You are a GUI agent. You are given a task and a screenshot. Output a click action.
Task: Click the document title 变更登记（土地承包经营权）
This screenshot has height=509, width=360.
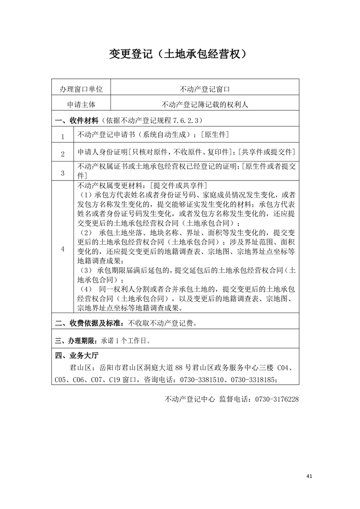coord(180,54)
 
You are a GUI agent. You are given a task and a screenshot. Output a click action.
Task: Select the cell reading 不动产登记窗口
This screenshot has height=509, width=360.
coord(205,88)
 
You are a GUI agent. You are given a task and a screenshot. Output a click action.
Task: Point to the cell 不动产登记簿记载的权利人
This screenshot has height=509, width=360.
coord(205,104)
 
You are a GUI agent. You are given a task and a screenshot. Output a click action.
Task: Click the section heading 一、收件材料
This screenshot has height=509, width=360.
coord(76,120)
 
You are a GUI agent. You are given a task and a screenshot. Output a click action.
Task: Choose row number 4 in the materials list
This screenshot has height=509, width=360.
coord(63,249)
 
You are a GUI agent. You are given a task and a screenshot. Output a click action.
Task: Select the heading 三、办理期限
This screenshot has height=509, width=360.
coord(75,340)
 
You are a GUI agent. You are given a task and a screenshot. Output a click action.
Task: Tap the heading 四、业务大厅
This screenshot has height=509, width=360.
coord(73,355)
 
